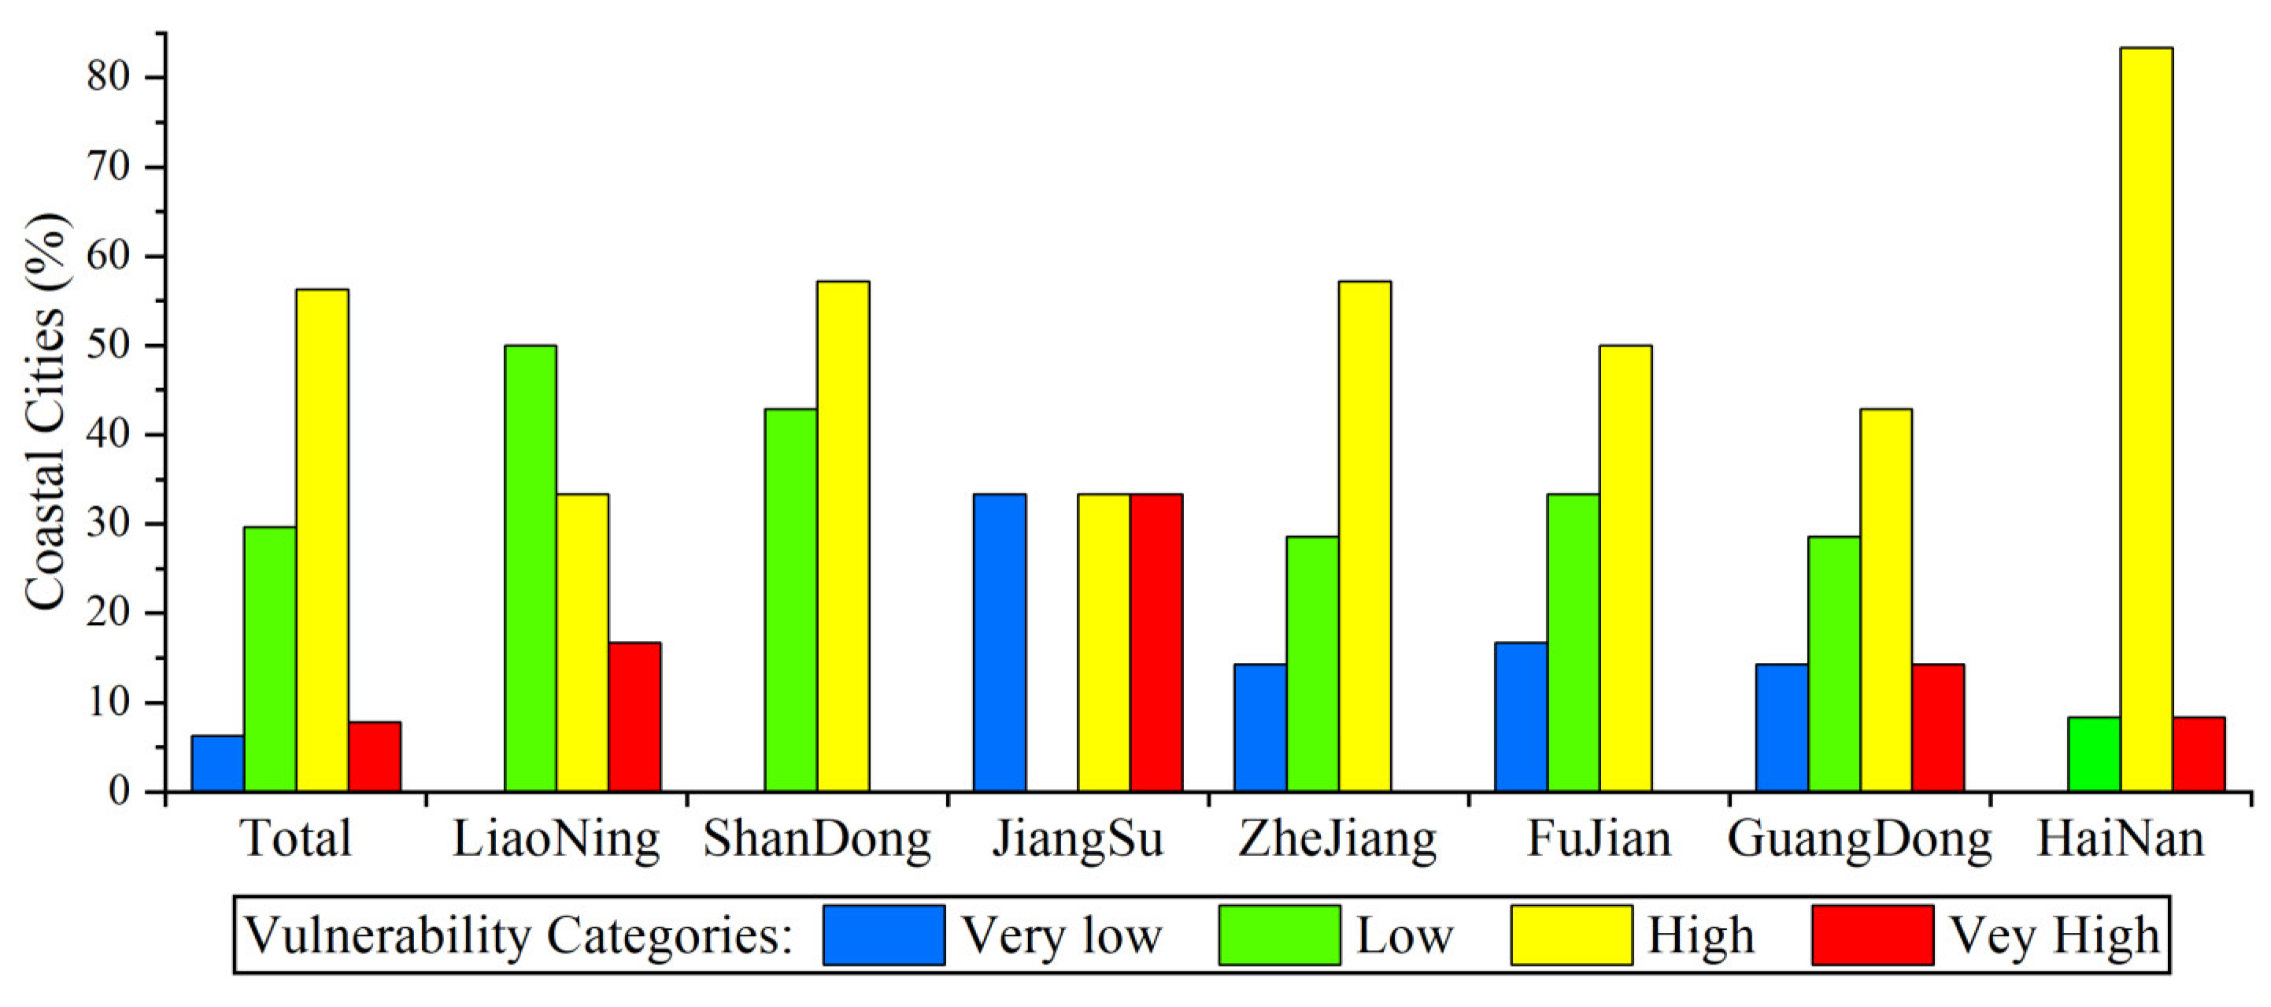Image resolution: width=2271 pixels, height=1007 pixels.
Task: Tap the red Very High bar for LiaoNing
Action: coord(634,717)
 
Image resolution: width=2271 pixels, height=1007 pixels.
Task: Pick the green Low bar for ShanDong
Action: coord(791,601)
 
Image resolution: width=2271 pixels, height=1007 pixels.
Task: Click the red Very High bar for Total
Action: coord(375,757)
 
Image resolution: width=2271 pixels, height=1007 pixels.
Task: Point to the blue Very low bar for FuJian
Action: coord(1522,717)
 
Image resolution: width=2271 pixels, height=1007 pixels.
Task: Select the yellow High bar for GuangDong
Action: coord(1886,601)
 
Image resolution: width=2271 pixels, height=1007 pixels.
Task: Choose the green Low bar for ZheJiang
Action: coord(1313,664)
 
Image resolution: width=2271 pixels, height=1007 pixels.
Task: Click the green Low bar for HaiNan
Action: coord(2095,755)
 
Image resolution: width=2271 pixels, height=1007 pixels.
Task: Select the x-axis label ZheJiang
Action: coord(1337,839)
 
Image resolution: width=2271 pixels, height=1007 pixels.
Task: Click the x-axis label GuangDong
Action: coord(1859,839)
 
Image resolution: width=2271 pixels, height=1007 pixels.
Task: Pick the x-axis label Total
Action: coord(296,839)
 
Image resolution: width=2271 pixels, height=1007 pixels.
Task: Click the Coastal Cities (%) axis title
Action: coord(46,411)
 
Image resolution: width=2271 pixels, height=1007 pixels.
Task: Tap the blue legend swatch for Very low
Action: coord(883,935)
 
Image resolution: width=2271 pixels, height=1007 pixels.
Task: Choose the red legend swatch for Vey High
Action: coord(1873,935)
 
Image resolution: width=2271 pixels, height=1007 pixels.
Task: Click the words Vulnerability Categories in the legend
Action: coord(519,935)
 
